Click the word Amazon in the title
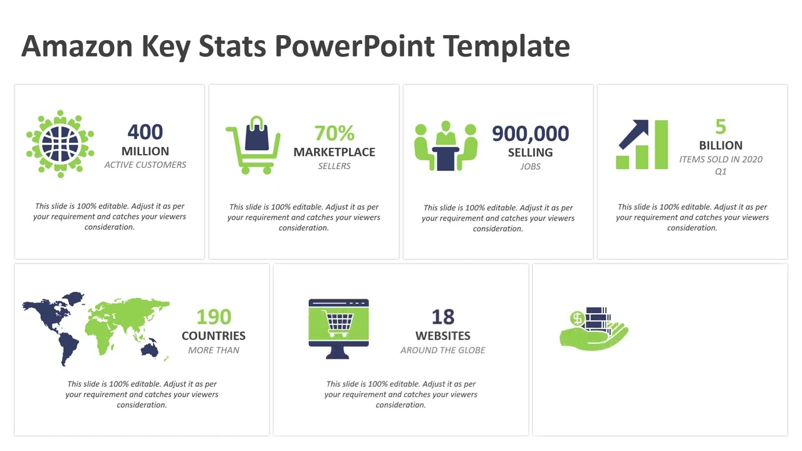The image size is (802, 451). pyautogui.click(x=77, y=46)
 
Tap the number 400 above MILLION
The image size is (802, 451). pyautogui.click(x=145, y=132)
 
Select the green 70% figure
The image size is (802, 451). pyautogui.click(x=335, y=133)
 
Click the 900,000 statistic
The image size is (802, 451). pyautogui.click(x=530, y=133)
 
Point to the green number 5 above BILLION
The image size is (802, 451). pyautogui.click(x=721, y=127)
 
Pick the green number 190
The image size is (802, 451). pyautogui.click(x=214, y=317)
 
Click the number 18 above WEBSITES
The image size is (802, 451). pyautogui.click(x=443, y=317)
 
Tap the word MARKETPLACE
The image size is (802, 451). pyautogui.click(x=335, y=152)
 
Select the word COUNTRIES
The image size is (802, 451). pyautogui.click(x=214, y=336)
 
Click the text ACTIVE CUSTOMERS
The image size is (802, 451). pyautogui.click(x=145, y=165)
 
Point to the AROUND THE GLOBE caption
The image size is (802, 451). pyautogui.click(x=443, y=350)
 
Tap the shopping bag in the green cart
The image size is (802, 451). pyautogui.click(x=257, y=135)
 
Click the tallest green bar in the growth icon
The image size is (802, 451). pyautogui.click(x=661, y=145)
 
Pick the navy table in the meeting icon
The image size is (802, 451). pyautogui.click(x=445, y=157)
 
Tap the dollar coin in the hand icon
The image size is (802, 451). pyautogui.click(x=577, y=318)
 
